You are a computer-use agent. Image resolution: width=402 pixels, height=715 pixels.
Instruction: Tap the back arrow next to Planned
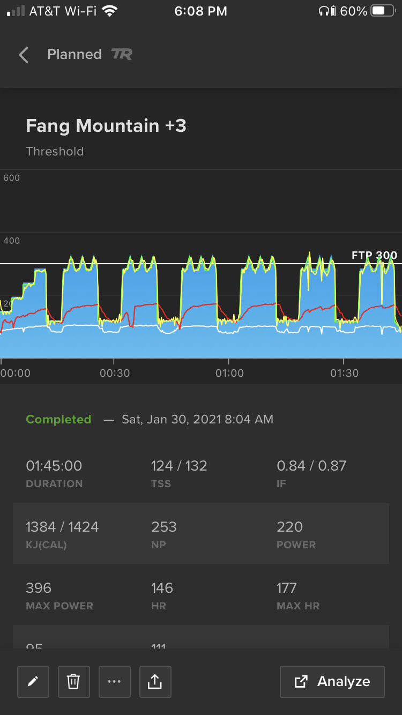(23, 55)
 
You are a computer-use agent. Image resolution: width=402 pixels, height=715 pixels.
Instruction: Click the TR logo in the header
(122, 54)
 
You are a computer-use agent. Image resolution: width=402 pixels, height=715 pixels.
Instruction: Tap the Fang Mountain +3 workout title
(106, 126)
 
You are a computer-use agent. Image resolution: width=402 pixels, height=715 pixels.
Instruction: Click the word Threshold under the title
(55, 152)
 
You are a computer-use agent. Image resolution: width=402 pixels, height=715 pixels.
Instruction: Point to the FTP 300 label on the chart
(374, 255)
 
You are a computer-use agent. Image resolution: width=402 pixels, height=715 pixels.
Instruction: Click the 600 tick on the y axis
(12, 178)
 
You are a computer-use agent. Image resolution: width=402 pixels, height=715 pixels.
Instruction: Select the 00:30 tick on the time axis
(115, 373)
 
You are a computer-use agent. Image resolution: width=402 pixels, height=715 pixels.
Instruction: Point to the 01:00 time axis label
(229, 373)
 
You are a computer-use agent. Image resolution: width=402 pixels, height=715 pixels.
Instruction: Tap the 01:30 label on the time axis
(344, 373)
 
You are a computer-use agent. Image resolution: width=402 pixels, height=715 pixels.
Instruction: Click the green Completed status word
(58, 419)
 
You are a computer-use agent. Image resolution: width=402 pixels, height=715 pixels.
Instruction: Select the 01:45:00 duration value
(54, 466)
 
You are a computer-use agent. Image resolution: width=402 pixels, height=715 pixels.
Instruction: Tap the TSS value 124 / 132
(179, 466)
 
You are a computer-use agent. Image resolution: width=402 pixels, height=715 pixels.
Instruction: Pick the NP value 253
(164, 527)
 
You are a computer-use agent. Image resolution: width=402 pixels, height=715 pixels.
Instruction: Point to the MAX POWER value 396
(39, 588)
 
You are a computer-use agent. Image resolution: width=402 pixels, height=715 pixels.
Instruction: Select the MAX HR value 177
(287, 588)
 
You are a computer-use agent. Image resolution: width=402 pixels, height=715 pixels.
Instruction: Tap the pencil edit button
(33, 682)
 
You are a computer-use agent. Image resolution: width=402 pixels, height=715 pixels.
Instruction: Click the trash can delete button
(73, 682)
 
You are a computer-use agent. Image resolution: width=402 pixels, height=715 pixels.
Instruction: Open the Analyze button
(332, 682)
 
